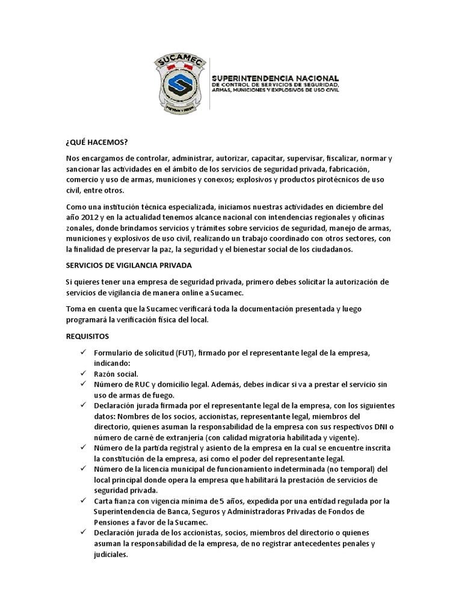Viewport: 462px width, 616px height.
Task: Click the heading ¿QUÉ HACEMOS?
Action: [x=96, y=142]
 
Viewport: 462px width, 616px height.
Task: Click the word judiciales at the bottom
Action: [x=111, y=555]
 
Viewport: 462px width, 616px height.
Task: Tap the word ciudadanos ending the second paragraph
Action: [x=334, y=250]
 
